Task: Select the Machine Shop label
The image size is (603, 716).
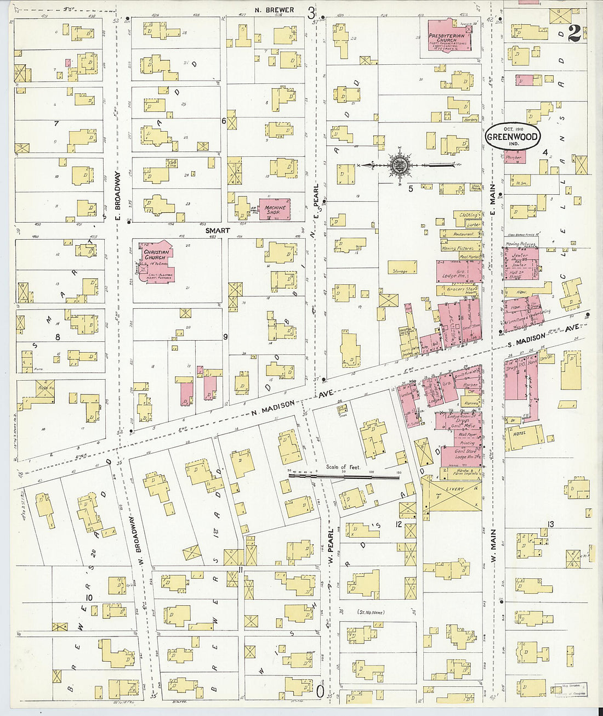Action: coord(276,210)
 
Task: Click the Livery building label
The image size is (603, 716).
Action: coord(454,489)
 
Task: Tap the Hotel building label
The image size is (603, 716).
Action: coord(520,433)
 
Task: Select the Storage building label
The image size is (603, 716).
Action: coord(400,271)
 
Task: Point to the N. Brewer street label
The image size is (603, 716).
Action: coord(275,10)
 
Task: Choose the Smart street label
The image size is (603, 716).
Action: coord(218,231)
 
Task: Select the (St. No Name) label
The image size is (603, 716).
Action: coord(371,612)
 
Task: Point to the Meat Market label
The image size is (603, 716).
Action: coord(469,256)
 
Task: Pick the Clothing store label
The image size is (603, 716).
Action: coord(469,215)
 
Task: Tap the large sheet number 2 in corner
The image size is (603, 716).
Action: coord(574,33)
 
